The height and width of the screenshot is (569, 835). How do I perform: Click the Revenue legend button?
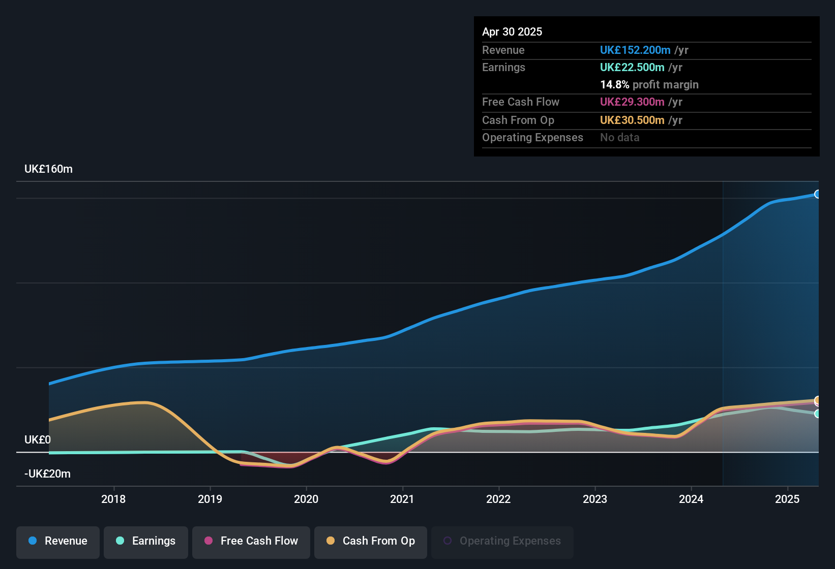click(58, 541)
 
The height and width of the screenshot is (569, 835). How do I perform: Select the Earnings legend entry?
click(146, 541)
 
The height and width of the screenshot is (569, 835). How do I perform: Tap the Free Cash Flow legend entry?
click(251, 541)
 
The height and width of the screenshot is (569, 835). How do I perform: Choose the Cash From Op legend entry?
click(371, 541)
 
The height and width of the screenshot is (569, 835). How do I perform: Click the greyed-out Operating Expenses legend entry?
click(502, 541)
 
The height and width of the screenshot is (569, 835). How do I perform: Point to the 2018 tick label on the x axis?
click(113, 499)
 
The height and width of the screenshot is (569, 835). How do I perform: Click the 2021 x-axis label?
click(402, 499)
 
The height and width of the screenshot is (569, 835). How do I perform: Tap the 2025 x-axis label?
click(787, 499)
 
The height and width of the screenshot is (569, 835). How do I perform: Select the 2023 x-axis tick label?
click(595, 499)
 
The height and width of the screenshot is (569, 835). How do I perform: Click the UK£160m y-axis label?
click(49, 169)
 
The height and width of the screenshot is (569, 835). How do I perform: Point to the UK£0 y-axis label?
click(38, 440)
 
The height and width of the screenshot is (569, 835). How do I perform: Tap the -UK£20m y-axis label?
click(48, 474)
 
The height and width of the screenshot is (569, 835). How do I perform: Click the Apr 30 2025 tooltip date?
click(512, 32)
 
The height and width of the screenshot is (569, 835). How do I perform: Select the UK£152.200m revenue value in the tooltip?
click(635, 50)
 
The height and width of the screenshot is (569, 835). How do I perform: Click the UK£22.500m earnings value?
click(632, 68)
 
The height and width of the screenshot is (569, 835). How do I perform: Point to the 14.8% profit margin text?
click(649, 85)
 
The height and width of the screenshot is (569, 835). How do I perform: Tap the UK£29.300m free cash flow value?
click(632, 102)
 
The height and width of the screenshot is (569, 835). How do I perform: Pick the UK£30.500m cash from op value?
click(632, 120)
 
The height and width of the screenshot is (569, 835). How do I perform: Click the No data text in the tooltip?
click(620, 138)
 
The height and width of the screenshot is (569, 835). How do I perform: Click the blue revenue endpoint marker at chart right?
click(817, 194)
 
